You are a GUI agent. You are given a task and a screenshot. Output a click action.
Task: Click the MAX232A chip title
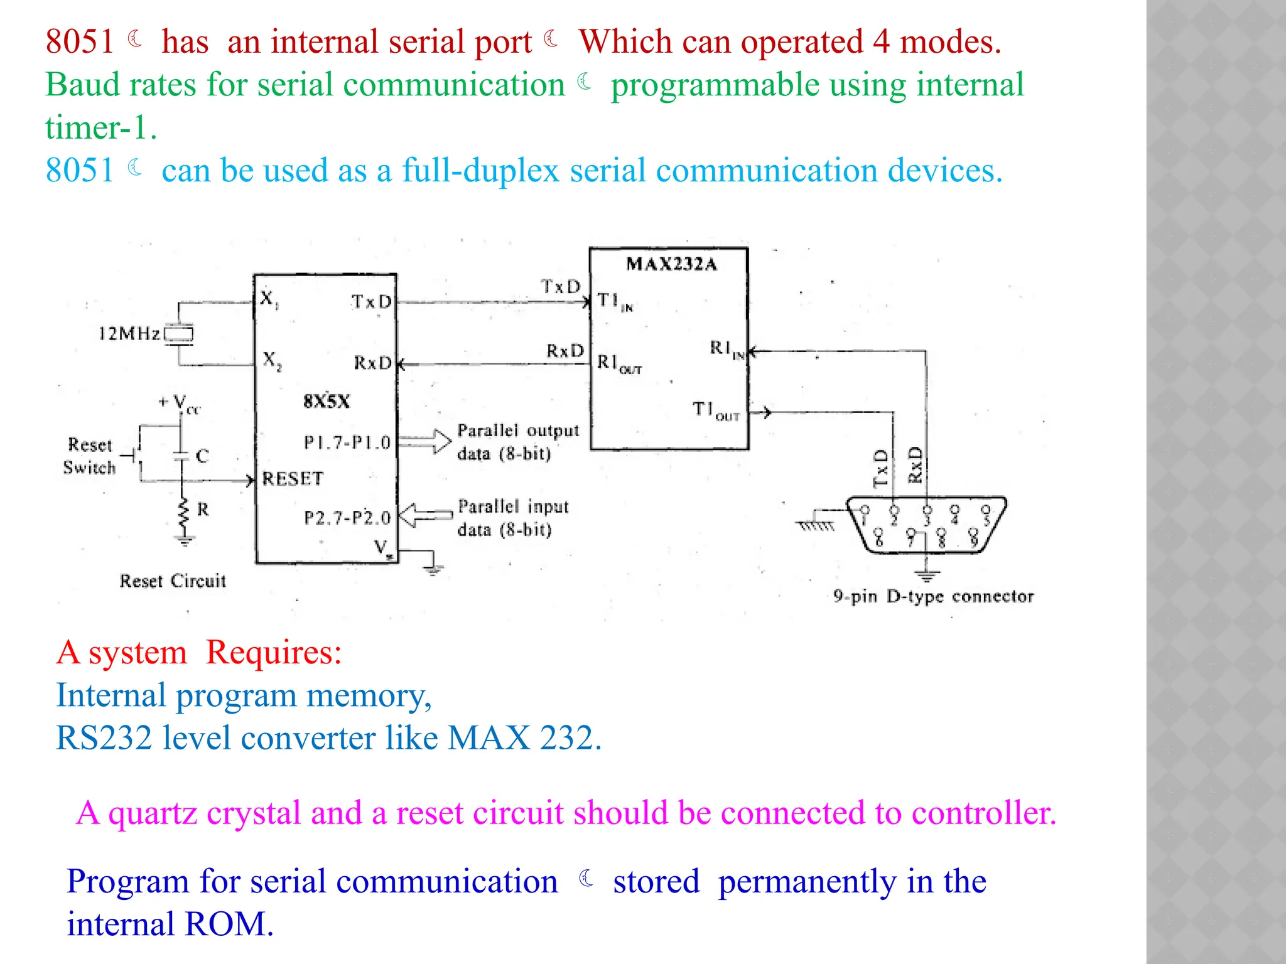pyautogui.click(x=671, y=264)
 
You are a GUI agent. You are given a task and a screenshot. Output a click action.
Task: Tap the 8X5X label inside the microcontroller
pyautogui.click(x=327, y=402)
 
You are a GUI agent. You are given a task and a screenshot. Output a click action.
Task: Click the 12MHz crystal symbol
pyautogui.click(x=179, y=334)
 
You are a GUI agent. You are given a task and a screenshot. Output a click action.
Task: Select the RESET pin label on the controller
pyautogui.click(x=293, y=479)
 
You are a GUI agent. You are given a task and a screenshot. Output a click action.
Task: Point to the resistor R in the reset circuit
pyautogui.click(x=184, y=513)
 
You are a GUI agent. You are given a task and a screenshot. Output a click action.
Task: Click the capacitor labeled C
pyautogui.click(x=181, y=456)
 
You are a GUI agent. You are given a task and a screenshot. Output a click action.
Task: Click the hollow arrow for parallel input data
pyautogui.click(x=426, y=516)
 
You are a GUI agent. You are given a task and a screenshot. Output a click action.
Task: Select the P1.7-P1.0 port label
pyautogui.click(x=347, y=443)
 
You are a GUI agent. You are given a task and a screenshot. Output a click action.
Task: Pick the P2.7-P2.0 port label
pyautogui.click(x=347, y=518)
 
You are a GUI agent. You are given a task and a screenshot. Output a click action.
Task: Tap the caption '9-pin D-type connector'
pyautogui.click(x=933, y=596)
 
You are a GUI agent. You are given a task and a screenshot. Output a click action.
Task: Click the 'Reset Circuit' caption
pyautogui.click(x=173, y=581)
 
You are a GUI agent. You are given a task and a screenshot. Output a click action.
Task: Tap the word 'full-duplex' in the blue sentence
pyautogui.click(x=480, y=171)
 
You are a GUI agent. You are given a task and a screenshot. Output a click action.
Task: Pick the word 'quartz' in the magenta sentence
pyautogui.click(x=153, y=813)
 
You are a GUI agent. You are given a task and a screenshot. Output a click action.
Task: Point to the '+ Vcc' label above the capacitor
pyautogui.click(x=180, y=404)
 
